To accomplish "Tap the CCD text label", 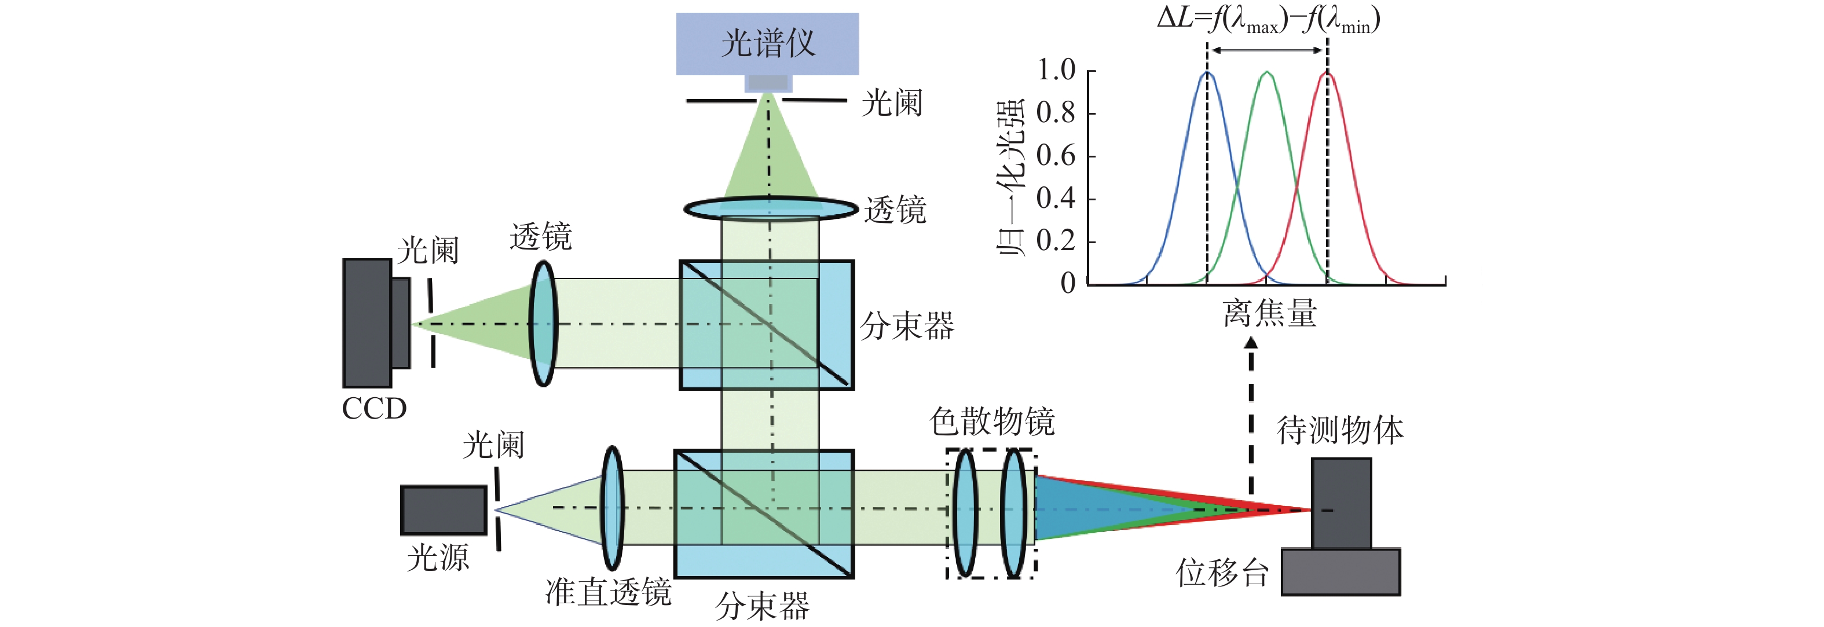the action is [x=374, y=408].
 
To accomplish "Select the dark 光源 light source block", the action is [x=444, y=509].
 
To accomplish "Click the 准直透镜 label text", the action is [x=608, y=592].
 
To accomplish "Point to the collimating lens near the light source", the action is [x=612, y=508].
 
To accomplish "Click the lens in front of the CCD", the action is [x=543, y=324].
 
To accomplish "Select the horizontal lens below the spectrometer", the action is [x=770, y=209].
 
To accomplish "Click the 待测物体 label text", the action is [x=1340, y=430].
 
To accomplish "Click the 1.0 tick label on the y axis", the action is [x=1056, y=70].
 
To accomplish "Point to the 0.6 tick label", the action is [x=1056, y=156].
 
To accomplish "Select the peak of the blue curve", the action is [x=1207, y=72].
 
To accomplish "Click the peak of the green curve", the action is [x=1267, y=72].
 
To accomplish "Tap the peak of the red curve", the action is [x=1328, y=72].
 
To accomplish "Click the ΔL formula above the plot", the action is [x=1269, y=19].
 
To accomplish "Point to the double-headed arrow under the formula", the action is [x=1268, y=50].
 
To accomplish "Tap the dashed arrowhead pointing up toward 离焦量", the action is [x=1251, y=343].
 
